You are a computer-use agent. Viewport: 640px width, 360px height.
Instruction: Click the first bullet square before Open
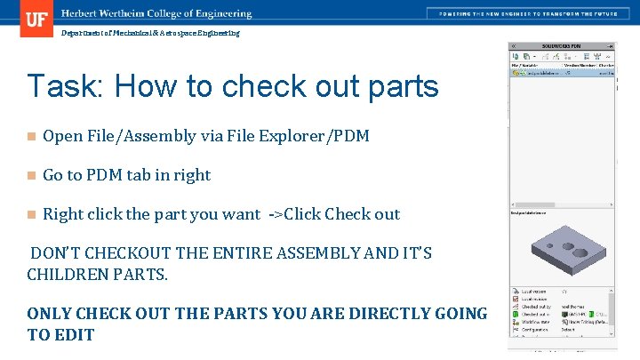click(31, 137)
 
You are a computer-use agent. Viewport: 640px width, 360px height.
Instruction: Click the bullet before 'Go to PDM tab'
click(31, 176)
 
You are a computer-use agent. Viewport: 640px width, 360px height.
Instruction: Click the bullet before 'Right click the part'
click(31, 215)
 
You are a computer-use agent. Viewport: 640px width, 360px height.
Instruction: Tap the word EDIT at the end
click(74, 334)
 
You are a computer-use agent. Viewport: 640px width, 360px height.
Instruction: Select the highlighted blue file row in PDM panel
click(562, 74)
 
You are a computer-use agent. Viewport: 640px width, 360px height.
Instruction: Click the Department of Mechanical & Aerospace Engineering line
click(150, 33)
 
